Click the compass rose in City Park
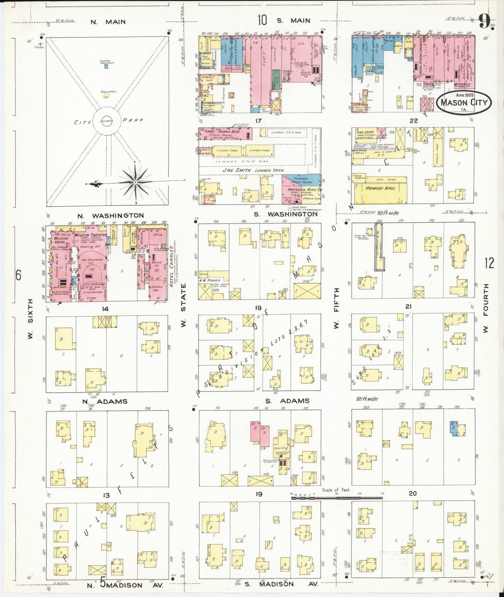(x=135, y=182)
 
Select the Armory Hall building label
(x=380, y=188)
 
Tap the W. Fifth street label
(x=337, y=308)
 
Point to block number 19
(x=258, y=494)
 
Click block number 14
(x=105, y=309)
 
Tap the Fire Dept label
(x=365, y=132)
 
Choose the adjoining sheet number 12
(x=489, y=263)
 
